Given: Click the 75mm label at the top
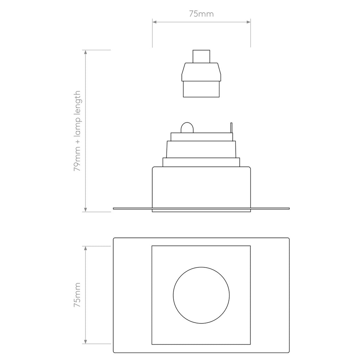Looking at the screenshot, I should coord(201,14).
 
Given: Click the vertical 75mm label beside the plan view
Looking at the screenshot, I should coord(77,295).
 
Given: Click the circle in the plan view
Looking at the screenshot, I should coord(201,295).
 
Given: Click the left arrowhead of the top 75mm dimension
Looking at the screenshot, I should coord(154,22).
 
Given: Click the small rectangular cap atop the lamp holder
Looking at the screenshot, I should coord(201,56).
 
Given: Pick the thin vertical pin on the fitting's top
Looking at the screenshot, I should coord(231,128).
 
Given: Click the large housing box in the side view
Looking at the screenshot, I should coord(201,186).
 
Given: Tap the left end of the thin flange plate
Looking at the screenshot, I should coord(115,208).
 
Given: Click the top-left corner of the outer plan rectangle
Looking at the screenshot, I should coord(114,239).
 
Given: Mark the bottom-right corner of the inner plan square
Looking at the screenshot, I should coord(250,343).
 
